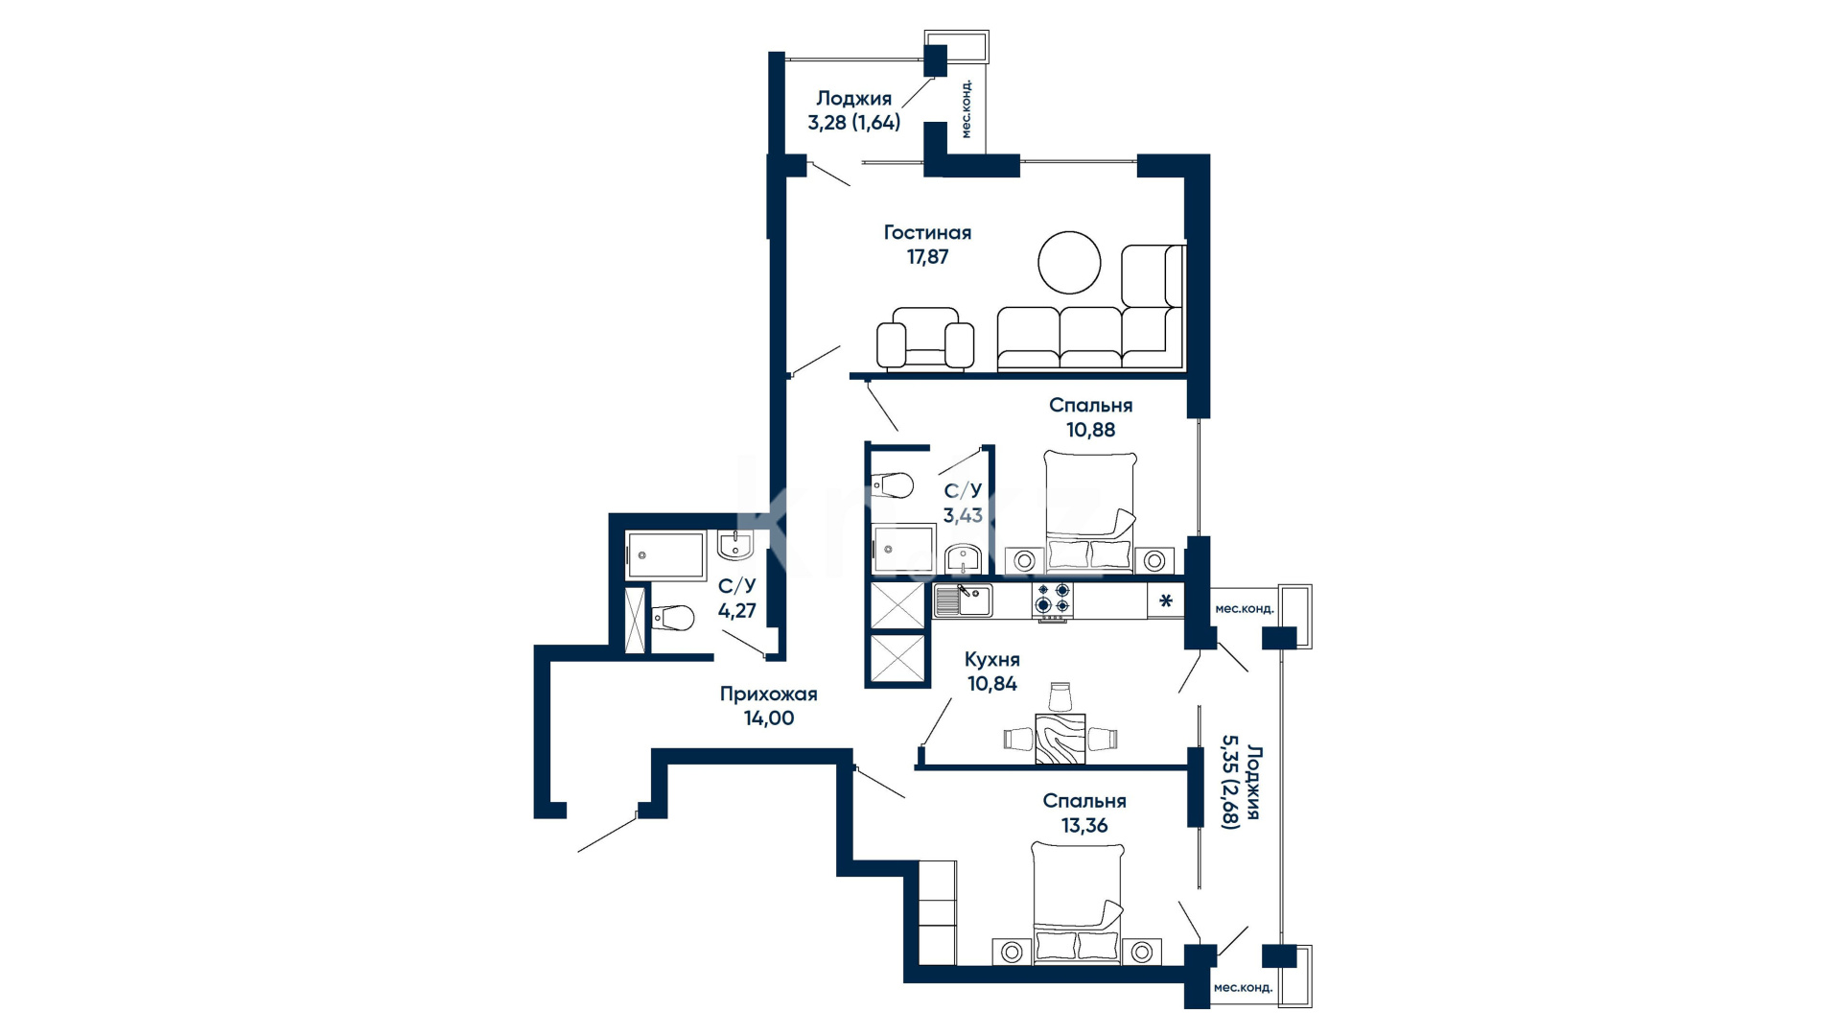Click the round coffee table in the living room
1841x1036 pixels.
(x=1069, y=263)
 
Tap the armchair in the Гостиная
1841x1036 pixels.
(x=925, y=339)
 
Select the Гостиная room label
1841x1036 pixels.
(x=927, y=232)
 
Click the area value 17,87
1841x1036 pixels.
(x=927, y=257)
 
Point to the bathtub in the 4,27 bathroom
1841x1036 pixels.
(x=665, y=555)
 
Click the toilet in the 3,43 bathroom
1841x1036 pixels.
(x=892, y=485)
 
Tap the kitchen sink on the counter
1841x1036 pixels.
(x=964, y=600)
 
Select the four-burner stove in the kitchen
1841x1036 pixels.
(x=1052, y=601)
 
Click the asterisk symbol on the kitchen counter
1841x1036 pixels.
(x=1166, y=602)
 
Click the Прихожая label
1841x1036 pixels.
(x=768, y=694)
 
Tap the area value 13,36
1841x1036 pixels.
(x=1084, y=825)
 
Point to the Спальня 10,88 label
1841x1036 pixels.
(x=1091, y=417)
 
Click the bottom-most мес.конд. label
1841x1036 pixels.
(x=1243, y=988)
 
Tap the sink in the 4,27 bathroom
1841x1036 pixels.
(x=735, y=546)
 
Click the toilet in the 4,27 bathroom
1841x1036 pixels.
(x=672, y=617)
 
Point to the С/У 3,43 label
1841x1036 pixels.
(x=963, y=504)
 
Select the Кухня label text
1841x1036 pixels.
(x=992, y=659)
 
